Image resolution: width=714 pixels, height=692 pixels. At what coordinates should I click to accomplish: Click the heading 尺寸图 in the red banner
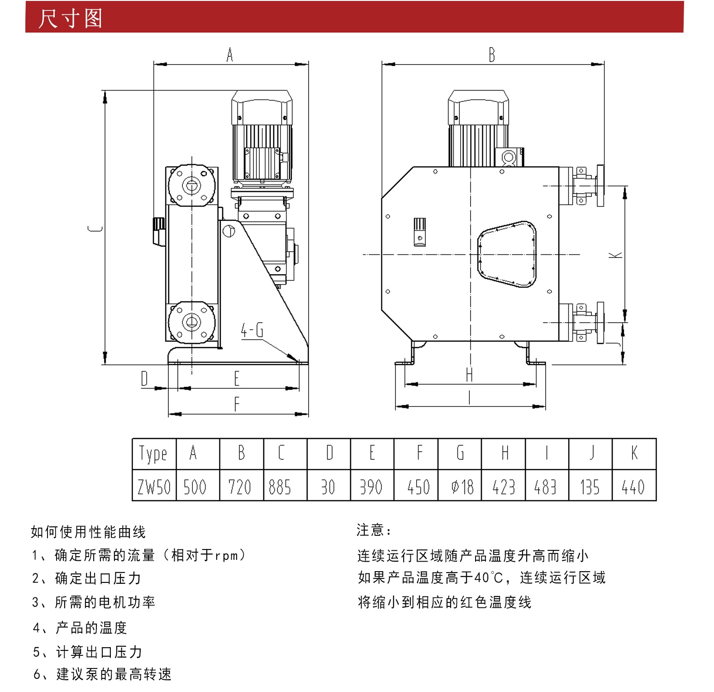(x=70, y=18)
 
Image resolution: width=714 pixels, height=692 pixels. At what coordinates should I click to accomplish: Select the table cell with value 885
(x=285, y=485)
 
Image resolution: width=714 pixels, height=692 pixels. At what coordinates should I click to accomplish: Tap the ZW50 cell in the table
(x=154, y=485)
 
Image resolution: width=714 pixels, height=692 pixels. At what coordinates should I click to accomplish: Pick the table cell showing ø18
(x=460, y=485)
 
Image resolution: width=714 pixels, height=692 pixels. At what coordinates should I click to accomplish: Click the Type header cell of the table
(x=154, y=453)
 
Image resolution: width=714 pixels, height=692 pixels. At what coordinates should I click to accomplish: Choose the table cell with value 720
(x=242, y=485)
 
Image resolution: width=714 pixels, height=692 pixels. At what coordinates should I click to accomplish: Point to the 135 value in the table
(x=590, y=485)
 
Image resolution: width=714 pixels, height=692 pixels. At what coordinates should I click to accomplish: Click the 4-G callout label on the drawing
(x=252, y=330)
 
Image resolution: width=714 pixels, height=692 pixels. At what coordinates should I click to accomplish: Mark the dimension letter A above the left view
(x=230, y=55)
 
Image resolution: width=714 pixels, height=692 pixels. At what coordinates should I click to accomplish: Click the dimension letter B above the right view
(x=492, y=55)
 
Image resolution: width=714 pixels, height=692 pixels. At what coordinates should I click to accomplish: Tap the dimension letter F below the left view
(x=237, y=404)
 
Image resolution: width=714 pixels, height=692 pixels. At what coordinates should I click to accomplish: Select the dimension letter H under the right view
(x=469, y=375)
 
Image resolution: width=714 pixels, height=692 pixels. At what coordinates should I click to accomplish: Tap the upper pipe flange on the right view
(x=600, y=186)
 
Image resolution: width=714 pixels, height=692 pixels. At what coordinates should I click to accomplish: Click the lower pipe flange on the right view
(x=600, y=323)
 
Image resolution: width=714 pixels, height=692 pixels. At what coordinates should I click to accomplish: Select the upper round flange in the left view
(x=191, y=185)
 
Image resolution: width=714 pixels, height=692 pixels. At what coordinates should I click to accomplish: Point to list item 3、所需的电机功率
(x=94, y=602)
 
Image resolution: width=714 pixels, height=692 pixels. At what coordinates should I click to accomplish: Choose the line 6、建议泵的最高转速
(x=102, y=674)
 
